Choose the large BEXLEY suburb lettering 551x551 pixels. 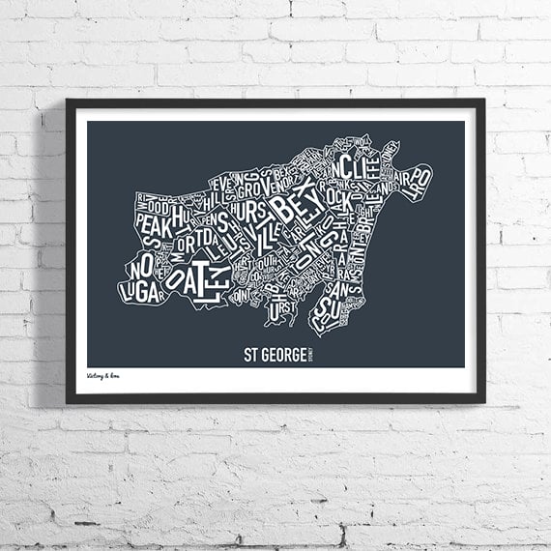[293, 205]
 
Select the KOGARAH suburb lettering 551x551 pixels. [329, 237]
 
